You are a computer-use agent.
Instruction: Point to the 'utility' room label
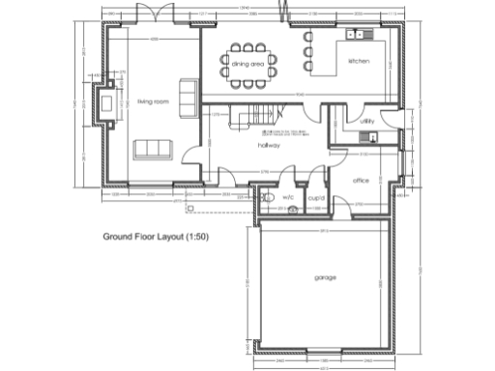(x=366, y=122)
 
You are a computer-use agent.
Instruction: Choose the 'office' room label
(x=362, y=181)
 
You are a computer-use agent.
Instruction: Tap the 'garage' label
(x=325, y=278)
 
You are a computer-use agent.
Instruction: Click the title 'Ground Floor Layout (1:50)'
(x=160, y=235)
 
